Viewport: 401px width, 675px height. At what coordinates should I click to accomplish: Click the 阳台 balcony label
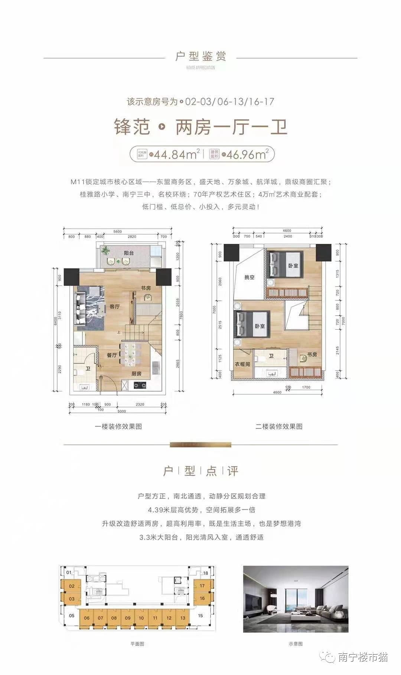128,253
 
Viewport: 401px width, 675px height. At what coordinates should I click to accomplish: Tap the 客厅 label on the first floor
114,306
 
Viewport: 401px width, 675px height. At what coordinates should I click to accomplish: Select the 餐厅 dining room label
112,355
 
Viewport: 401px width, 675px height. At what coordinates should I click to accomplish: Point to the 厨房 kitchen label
136,374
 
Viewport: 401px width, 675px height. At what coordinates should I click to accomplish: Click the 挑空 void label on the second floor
249,277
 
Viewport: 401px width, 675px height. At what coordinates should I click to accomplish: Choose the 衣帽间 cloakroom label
242,364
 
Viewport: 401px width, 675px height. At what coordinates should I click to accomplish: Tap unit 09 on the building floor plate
128,618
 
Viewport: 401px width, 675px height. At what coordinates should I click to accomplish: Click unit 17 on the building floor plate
202,586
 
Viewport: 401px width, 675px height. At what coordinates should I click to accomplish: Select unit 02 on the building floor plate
72,586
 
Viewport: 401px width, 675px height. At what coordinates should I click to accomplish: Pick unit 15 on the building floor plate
200,615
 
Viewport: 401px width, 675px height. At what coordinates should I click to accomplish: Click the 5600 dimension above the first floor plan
117,231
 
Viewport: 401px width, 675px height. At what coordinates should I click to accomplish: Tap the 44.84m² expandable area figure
177,154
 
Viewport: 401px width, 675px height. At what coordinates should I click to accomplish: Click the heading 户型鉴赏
200,56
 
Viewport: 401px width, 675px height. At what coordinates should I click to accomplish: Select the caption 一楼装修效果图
118,426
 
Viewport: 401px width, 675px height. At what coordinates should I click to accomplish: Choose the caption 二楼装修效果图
278,426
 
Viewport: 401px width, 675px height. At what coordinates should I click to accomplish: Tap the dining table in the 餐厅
130,355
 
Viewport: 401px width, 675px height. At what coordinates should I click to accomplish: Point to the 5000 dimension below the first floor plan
121,411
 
